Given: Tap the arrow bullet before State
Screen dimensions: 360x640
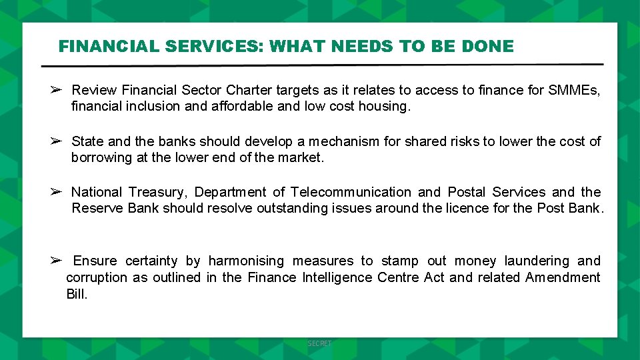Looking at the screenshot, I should pyautogui.click(x=56, y=141).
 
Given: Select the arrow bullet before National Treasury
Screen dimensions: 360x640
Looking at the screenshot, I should pyautogui.click(x=56, y=192).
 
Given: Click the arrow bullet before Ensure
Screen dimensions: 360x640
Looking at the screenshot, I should pyautogui.click(x=56, y=261).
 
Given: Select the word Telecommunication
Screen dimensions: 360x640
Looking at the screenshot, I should pyautogui.click(x=351, y=192).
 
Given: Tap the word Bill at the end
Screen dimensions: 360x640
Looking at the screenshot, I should pyautogui.click(x=77, y=294).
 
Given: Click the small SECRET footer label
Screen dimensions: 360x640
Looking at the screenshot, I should pyautogui.click(x=319, y=343).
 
